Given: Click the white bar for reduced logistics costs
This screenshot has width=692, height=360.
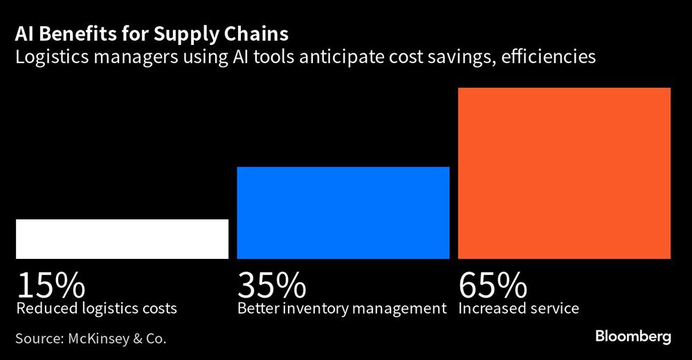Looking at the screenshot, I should click(122, 239).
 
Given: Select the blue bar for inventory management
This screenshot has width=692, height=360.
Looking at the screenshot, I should click(343, 213).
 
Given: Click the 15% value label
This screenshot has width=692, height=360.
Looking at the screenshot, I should click(51, 285).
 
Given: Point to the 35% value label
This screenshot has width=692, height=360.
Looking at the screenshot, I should click(272, 285).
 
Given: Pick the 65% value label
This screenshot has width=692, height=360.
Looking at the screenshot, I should click(493, 285).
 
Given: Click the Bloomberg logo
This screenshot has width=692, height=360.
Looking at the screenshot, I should click(633, 337).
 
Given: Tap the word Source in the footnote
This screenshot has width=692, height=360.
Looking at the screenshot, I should click(38, 339).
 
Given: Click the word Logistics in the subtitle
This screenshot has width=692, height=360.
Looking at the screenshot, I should click(46, 57).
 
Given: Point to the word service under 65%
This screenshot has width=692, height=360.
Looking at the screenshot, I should click(554, 308).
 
